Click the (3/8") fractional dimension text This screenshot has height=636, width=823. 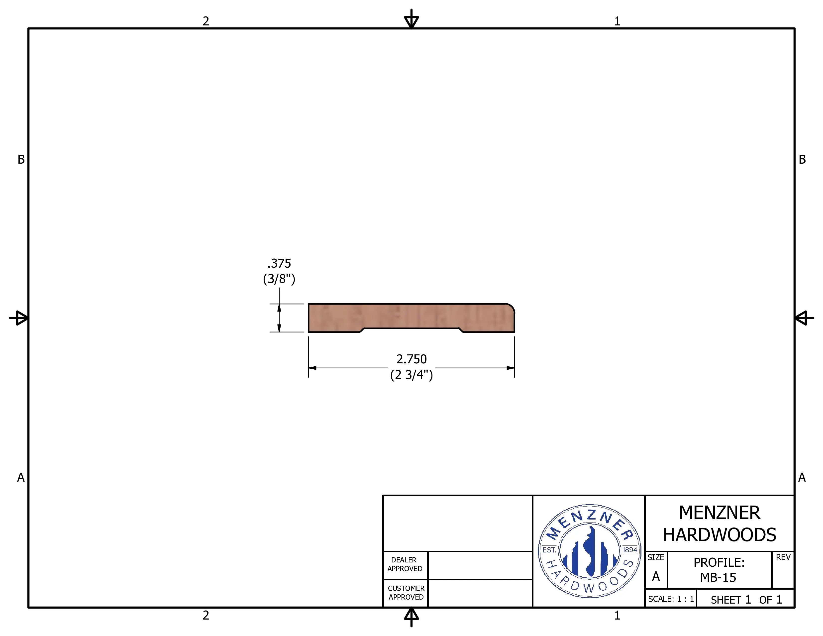(279, 279)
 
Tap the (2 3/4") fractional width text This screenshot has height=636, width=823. (411, 375)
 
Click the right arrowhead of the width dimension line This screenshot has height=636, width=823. (511, 368)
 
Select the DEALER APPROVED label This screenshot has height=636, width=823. (405, 564)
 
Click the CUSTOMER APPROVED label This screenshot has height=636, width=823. (406, 592)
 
